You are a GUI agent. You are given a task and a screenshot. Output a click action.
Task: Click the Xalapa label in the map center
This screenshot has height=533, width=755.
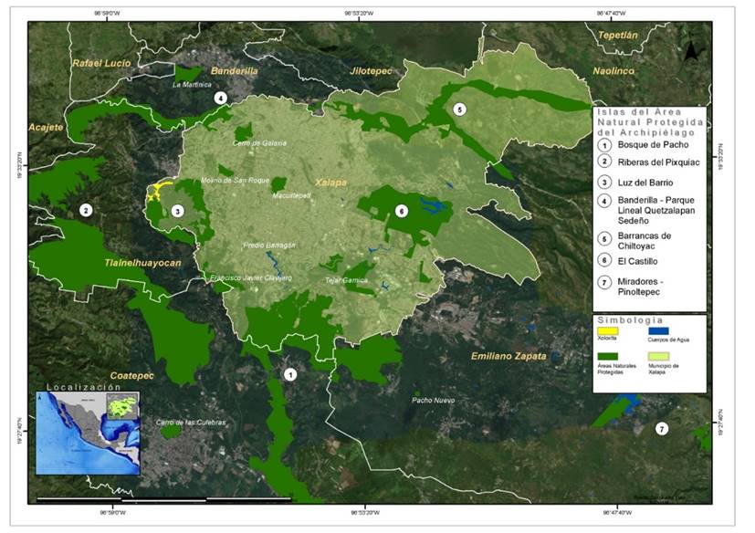(330, 183)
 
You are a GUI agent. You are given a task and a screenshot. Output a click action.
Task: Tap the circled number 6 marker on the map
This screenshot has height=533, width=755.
(400, 211)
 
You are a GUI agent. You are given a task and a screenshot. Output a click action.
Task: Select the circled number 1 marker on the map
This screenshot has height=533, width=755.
(290, 374)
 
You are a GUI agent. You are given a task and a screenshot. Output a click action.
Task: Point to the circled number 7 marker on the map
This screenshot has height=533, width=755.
(662, 428)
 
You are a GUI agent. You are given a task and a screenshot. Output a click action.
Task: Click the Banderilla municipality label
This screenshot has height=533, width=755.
(235, 70)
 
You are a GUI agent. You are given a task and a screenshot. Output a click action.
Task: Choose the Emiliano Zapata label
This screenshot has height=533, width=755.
(509, 356)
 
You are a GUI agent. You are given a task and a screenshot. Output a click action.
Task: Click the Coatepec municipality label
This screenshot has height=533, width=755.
(131, 375)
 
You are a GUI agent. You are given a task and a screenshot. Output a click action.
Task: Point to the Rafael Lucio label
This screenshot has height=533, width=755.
(101, 63)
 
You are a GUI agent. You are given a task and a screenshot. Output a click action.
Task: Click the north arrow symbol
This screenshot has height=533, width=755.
(694, 50)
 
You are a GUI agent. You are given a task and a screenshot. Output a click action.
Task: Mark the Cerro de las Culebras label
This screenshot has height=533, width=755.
(190, 422)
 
